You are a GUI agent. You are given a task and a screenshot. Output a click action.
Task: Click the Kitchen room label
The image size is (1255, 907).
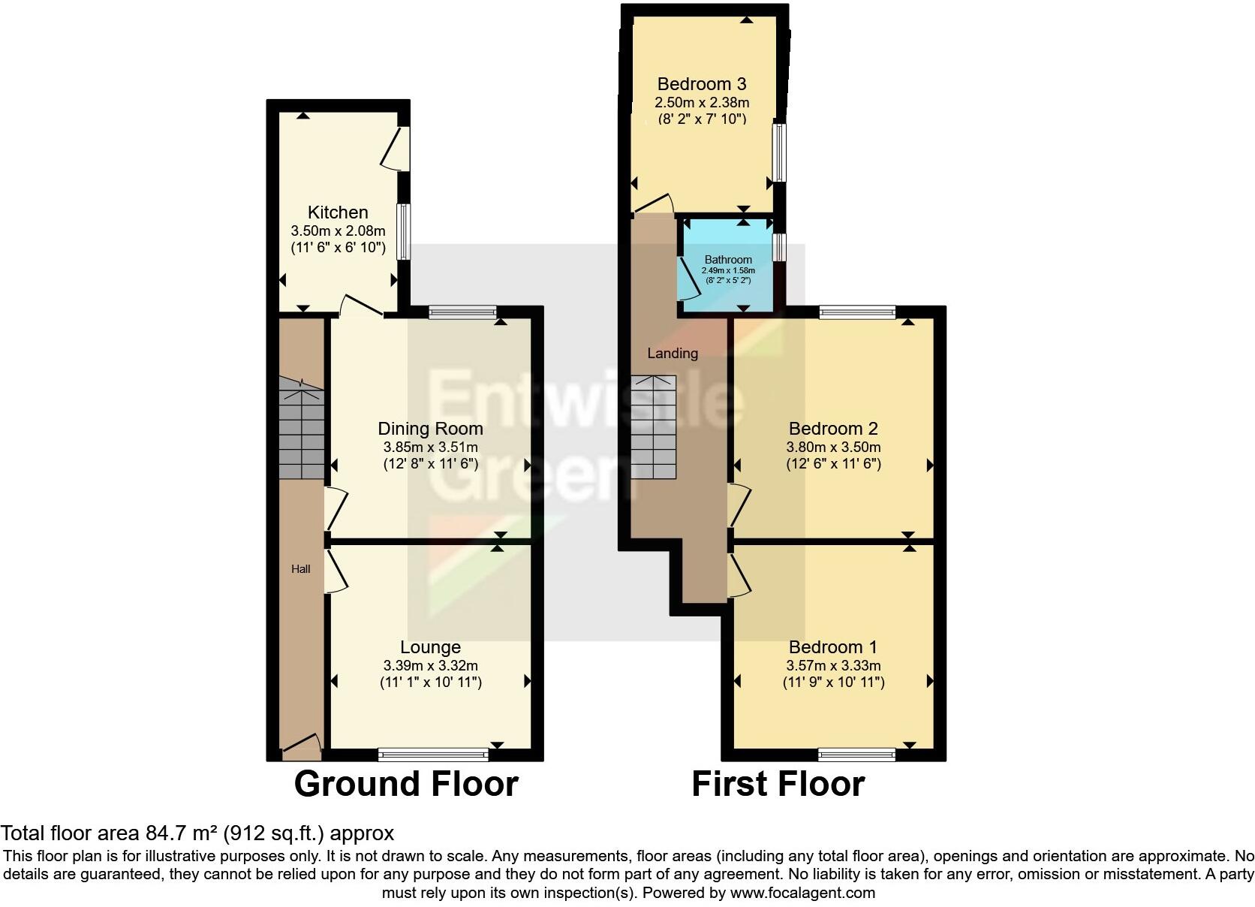[x=338, y=212]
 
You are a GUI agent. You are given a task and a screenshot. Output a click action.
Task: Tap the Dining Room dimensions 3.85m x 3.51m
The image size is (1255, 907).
[x=430, y=447]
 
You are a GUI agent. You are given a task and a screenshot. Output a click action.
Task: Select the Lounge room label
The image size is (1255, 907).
[x=430, y=647]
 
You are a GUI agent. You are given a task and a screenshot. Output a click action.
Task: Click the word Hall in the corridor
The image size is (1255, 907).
[x=301, y=569]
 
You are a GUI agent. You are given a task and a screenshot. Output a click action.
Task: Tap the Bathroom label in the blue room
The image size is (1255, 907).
[x=728, y=260]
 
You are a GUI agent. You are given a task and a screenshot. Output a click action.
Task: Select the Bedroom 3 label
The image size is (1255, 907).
[x=702, y=84]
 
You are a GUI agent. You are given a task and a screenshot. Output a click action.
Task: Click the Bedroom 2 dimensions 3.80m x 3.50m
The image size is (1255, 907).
[x=833, y=447]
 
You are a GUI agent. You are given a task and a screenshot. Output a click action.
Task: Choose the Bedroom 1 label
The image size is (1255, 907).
[x=833, y=647]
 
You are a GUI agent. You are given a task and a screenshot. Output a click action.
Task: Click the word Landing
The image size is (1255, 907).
[x=673, y=353]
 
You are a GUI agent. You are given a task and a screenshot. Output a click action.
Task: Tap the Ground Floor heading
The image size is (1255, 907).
[x=406, y=784]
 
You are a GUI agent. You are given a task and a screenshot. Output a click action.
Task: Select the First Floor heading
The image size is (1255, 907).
[x=778, y=784]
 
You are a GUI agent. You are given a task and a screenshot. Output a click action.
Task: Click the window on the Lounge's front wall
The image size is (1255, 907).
[x=433, y=754]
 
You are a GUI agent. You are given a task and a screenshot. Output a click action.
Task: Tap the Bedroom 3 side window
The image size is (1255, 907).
[x=780, y=152]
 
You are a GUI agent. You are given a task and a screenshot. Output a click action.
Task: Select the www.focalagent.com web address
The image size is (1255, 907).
[x=802, y=893]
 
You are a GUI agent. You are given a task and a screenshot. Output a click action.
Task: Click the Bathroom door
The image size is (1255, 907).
[x=686, y=279]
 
